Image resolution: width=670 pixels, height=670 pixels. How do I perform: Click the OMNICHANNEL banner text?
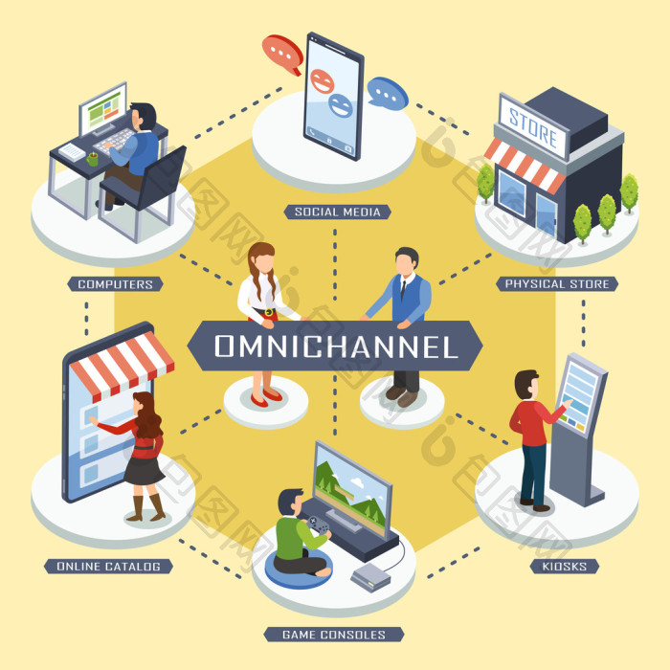point(336,346)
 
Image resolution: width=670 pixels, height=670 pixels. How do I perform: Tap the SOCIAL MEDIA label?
point(337,212)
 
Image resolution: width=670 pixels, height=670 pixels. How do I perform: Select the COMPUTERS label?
point(116,284)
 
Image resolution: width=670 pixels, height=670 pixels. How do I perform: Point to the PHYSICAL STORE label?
point(557,283)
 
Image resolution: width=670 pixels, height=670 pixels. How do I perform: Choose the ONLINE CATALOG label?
point(108,567)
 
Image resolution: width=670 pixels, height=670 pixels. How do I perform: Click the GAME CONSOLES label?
point(334,635)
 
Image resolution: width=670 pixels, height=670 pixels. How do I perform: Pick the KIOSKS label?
point(565,567)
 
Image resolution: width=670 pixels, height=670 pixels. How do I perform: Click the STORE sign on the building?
point(533,128)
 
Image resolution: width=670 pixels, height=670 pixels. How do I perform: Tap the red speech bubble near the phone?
point(282,55)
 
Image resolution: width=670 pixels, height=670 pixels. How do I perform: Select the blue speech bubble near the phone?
point(387,94)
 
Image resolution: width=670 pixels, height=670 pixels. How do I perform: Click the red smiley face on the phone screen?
point(323,81)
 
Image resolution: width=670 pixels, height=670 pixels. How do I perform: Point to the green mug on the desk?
point(93,159)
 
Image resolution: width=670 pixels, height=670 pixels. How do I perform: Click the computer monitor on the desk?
point(103,109)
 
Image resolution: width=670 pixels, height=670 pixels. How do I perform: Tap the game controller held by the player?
point(319,525)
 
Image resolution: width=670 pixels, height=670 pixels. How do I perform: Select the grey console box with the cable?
point(371,577)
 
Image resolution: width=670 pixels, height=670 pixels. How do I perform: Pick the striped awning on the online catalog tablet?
point(123,365)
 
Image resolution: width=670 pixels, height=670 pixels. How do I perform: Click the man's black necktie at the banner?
point(403,289)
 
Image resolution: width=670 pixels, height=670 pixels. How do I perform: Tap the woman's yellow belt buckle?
point(269,312)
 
